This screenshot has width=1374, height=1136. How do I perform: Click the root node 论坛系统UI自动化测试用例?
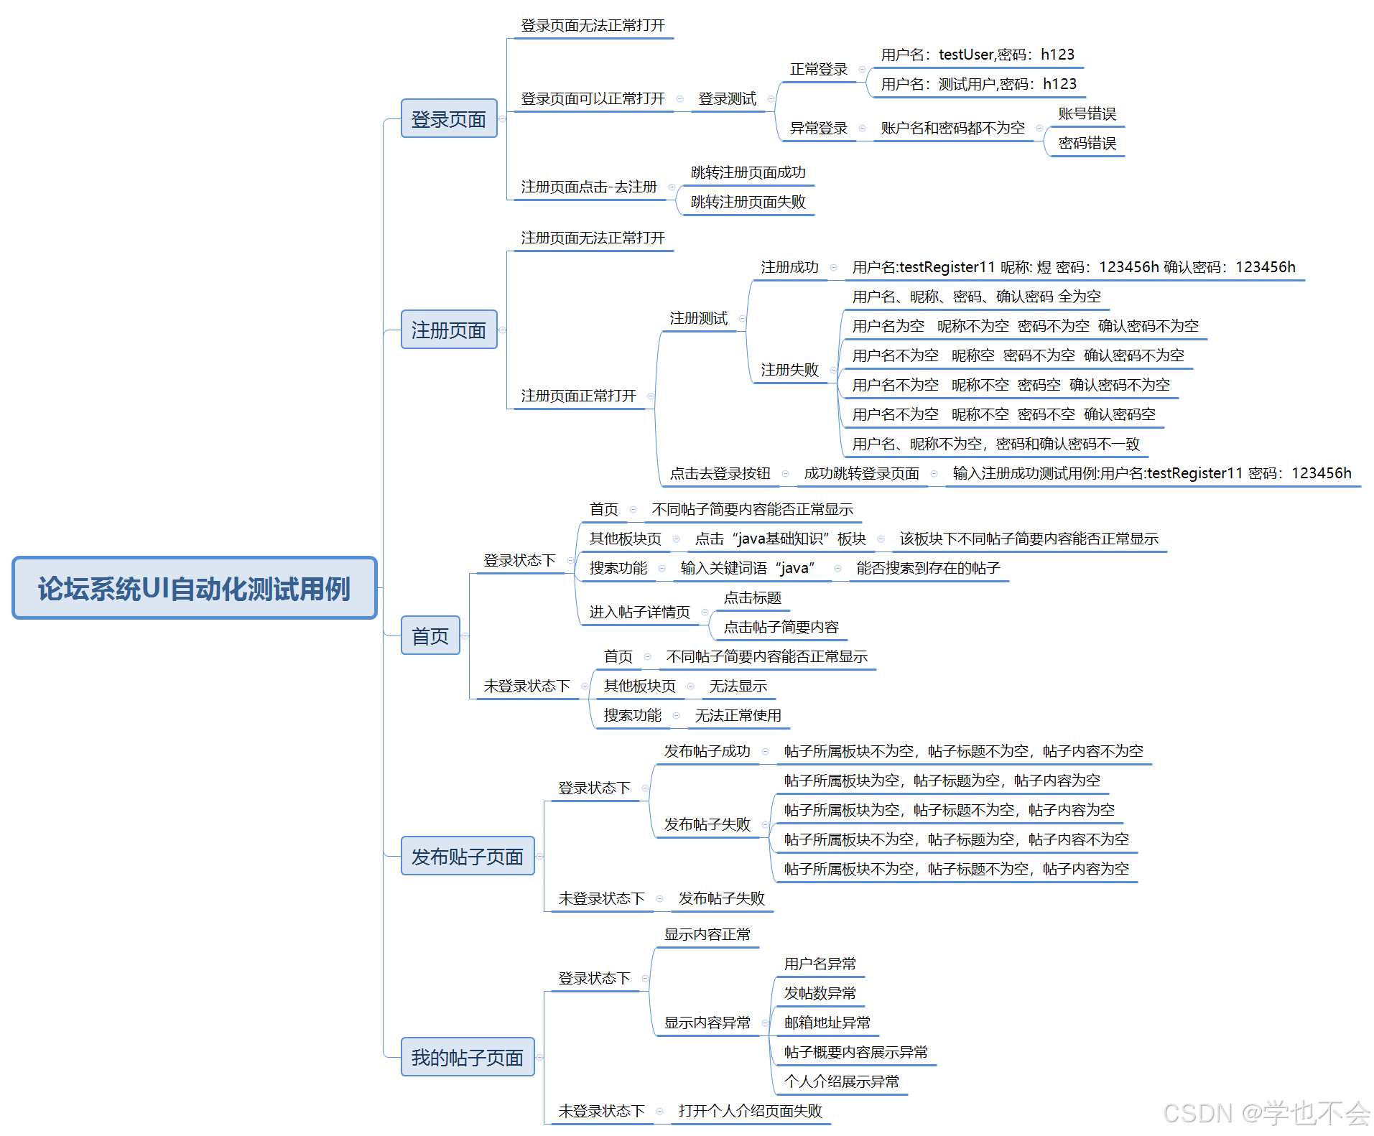194,588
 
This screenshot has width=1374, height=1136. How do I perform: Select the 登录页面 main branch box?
449,118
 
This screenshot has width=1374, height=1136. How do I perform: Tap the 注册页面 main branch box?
449,330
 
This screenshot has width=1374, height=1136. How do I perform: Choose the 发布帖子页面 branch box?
468,856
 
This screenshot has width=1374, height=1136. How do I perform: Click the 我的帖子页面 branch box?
468,1057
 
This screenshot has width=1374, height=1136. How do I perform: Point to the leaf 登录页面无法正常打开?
593,26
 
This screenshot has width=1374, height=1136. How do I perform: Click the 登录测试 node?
727,99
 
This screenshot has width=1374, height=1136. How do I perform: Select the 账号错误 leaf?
1087,114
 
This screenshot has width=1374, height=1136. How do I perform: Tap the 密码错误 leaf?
1087,144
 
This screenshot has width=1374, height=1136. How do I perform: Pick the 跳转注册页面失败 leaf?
748,202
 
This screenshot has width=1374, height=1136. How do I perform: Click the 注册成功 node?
789,268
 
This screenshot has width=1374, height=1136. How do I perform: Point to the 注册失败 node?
789,371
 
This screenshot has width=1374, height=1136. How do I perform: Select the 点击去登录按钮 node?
720,474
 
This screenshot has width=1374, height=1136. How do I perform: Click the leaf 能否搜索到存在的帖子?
928,569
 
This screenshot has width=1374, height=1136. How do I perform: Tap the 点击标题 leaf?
752,598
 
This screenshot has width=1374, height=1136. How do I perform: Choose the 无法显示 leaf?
738,686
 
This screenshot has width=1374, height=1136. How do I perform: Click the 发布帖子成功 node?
707,752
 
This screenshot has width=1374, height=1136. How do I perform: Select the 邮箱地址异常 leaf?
827,1023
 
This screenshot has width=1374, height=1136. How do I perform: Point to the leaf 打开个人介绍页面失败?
750,1112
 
